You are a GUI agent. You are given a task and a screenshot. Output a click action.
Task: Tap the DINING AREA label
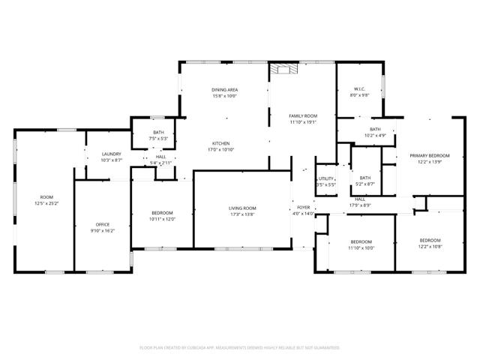[x=224, y=90]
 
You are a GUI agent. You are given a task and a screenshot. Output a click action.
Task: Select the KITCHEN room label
[x=220, y=143]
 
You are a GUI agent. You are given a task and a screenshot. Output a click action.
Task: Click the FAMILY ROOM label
[x=304, y=115]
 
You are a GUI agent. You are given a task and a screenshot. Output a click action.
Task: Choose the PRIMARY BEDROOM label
[x=424, y=155]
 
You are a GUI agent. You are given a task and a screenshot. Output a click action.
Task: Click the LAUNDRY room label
[x=111, y=154]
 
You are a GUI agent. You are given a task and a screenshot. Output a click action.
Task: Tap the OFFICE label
[x=103, y=225]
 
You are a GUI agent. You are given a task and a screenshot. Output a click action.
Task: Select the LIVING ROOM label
[x=242, y=208]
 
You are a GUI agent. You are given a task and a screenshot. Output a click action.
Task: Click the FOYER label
[x=303, y=208]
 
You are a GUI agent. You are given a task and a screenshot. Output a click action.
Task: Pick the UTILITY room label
[x=325, y=178]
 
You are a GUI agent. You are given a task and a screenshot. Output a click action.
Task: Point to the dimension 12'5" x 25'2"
[x=46, y=203]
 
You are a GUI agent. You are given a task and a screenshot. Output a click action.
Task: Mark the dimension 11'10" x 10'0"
[x=361, y=247]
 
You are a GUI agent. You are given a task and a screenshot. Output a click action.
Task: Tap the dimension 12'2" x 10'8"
[x=430, y=246]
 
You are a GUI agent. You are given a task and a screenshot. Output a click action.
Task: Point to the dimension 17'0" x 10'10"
[x=220, y=149]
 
